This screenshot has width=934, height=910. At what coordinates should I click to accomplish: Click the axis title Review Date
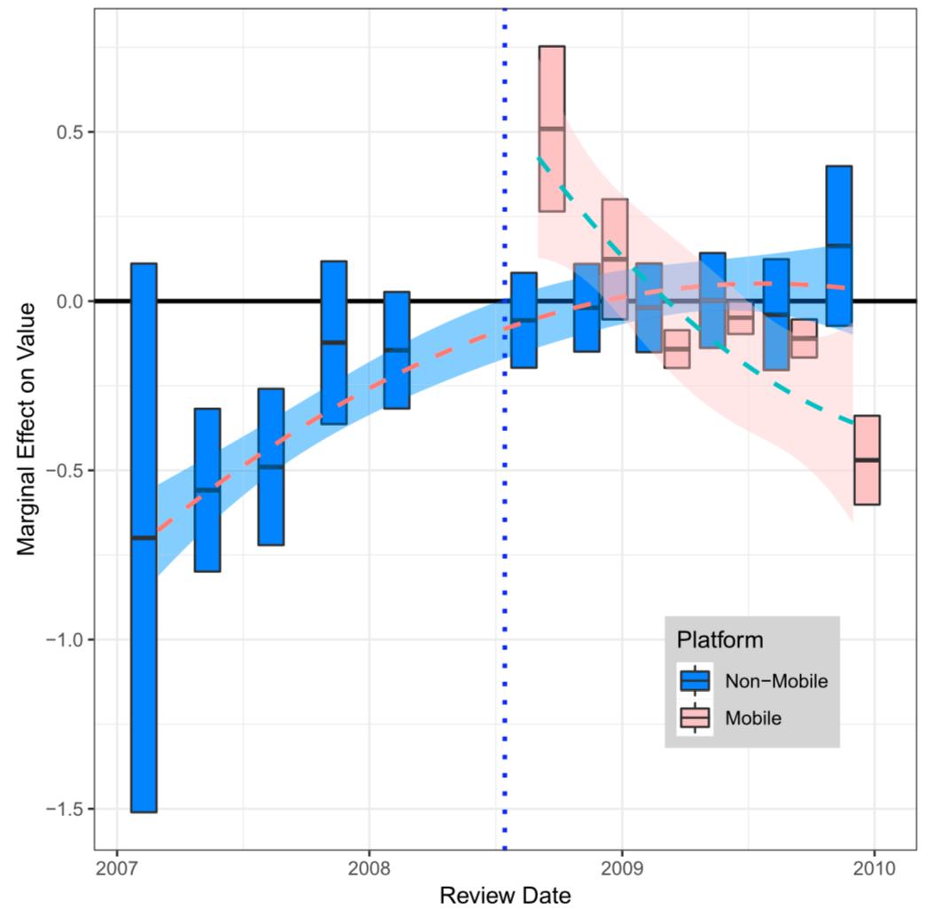[505, 894]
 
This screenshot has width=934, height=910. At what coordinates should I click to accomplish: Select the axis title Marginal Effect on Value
[27, 430]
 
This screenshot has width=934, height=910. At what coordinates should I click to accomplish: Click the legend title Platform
[719, 639]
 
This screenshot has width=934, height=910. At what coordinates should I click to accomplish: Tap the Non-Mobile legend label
[776, 681]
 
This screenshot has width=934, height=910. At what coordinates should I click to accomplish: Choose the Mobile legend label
[753, 718]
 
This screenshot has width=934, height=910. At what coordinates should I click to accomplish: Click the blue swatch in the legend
[695, 681]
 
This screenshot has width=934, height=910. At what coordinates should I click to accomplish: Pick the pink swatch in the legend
[695, 718]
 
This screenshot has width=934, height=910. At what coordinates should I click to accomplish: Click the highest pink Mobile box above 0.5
[551, 129]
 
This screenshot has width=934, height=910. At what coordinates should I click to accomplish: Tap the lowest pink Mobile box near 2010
[866, 459]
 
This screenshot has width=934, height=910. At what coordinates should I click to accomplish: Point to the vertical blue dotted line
[505, 532]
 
